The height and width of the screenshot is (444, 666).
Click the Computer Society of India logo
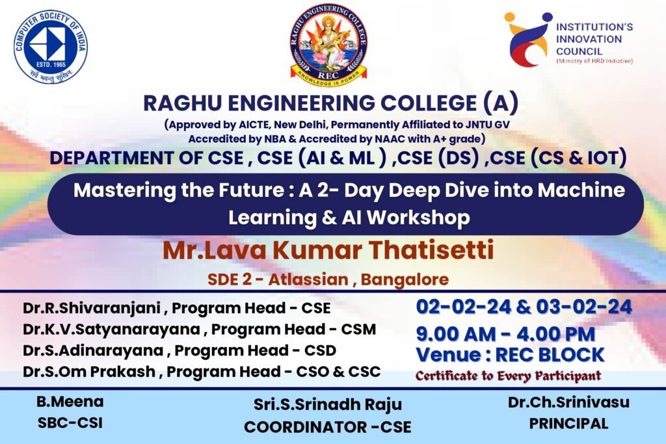pyautogui.click(x=51, y=46)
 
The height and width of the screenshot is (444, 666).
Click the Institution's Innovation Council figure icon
pyautogui.click(x=527, y=40)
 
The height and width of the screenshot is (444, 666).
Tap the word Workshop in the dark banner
pyautogui.click(x=418, y=217)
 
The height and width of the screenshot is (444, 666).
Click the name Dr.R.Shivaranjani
pyautogui.click(x=92, y=308)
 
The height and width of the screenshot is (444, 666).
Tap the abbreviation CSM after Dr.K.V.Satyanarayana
pyautogui.click(x=358, y=329)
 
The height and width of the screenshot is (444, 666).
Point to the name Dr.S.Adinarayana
pyautogui.click(x=93, y=350)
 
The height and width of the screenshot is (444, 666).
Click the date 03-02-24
pyautogui.click(x=584, y=306)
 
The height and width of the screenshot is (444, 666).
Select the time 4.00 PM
pyautogui.click(x=556, y=334)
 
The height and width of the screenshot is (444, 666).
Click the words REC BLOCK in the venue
pyautogui.click(x=550, y=355)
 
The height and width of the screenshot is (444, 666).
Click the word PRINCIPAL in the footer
pyautogui.click(x=568, y=423)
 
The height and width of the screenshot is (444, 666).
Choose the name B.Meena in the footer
pyautogui.click(x=70, y=402)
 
